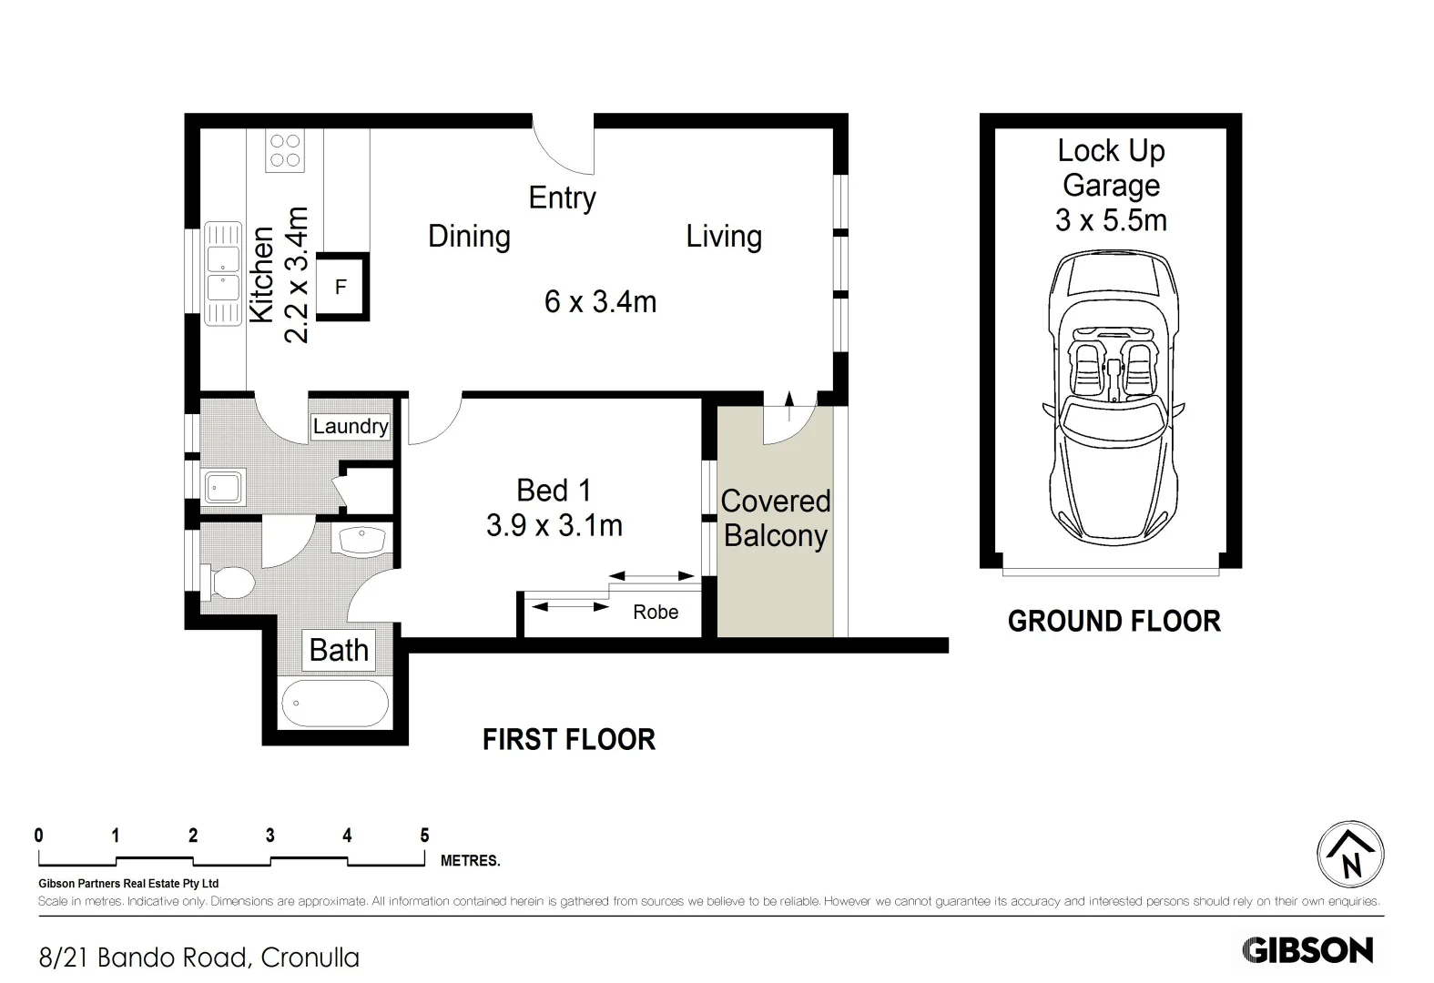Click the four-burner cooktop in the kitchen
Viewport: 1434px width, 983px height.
pyautogui.click(x=285, y=150)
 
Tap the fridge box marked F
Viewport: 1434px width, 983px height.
pyautogui.click(x=342, y=286)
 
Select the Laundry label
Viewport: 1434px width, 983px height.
pyautogui.click(x=351, y=426)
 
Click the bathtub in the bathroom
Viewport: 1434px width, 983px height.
pyautogui.click(x=335, y=704)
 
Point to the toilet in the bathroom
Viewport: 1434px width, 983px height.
pyautogui.click(x=228, y=583)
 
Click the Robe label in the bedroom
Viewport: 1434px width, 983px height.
pyautogui.click(x=656, y=613)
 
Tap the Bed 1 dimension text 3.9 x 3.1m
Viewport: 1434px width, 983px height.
pyautogui.click(x=554, y=526)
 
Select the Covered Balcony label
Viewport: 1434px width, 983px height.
pyautogui.click(x=775, y=519)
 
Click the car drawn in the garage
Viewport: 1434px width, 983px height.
pyautogui.click(x=1114, y=398)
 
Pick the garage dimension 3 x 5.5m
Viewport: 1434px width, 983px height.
pyautogui.click(x=1112, y=221)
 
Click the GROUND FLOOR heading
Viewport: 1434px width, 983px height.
pyautogui.click(x=1114, y=622)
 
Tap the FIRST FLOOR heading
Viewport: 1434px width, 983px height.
pyautogui.click(x=569, y=740)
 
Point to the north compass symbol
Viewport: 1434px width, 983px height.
pyautogui.click(x=1350, y=855)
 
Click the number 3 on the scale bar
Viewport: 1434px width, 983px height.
pyautogui.click(x=270, y=836)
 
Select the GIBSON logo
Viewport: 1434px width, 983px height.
pyautogui.click(x=1307, y=950)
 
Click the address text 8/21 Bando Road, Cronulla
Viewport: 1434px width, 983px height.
pyautogui.click(x=199, y=958)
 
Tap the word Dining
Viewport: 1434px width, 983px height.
pyautogui.click(x=469, y=237)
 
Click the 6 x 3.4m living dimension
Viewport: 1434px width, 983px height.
pyautogui.click(x=601, y=302)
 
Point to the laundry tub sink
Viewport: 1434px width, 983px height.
pyautogui.click(x=223, y=488)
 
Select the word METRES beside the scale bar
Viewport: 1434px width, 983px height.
pyautogui.click(x=471, y=861)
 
